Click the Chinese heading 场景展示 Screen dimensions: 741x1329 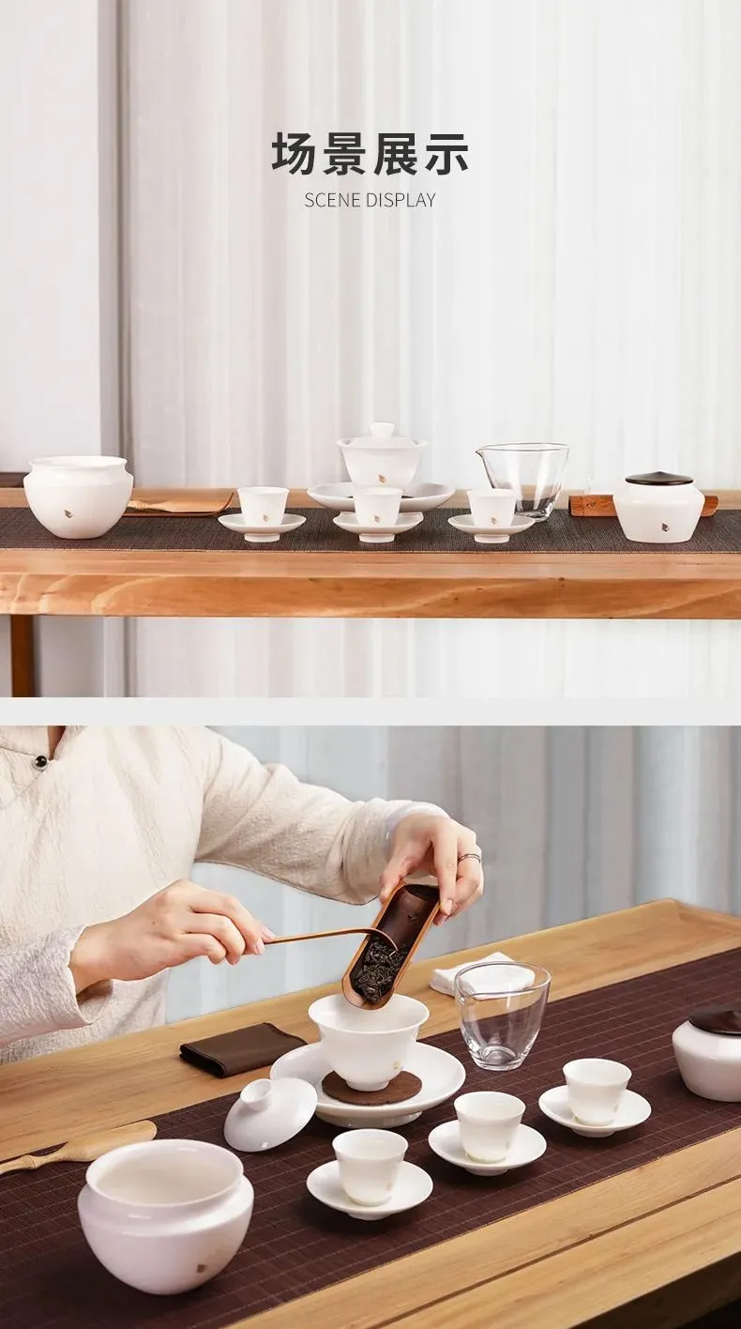click(370, 154)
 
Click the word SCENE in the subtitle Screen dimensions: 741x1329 click(333, 200)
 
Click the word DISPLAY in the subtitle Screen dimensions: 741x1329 click(401, 200)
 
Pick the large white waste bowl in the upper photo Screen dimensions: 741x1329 click(78, 496)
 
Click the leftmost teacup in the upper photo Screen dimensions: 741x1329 click(263, 506)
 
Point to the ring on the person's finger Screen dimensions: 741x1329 click(470, 857)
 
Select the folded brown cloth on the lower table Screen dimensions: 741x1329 click(242, 1047)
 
